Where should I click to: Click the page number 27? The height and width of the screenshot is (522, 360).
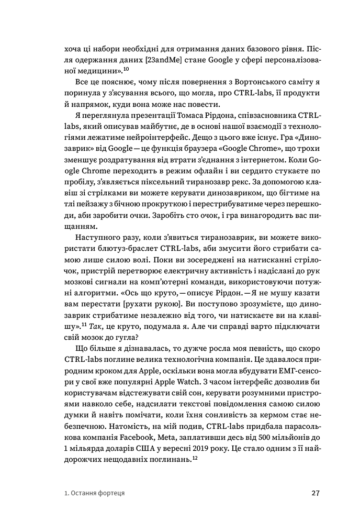(315, 493)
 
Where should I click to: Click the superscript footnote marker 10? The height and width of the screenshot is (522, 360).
(126, 66)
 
